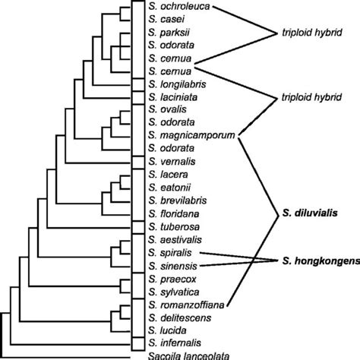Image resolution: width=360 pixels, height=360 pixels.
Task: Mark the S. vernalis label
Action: pyautogui.click(x=171, y=162)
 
